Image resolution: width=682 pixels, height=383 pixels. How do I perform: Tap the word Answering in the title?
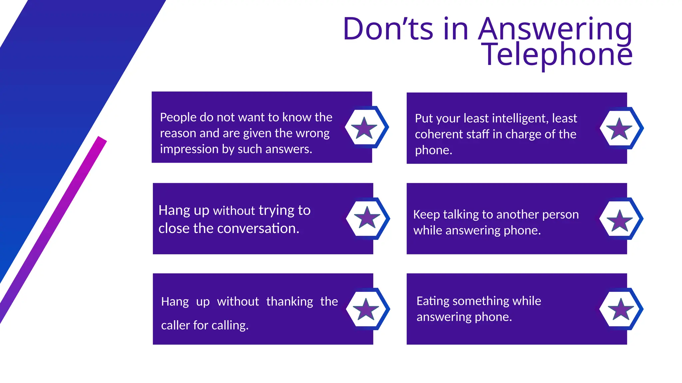point(555,29)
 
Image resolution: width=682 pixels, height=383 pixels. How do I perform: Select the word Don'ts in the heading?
point(388,29)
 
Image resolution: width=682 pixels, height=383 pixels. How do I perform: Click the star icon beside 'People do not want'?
point(364,128)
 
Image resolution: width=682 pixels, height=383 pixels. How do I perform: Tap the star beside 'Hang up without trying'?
point(367,218)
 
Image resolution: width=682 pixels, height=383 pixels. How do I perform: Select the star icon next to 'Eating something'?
point(621,309)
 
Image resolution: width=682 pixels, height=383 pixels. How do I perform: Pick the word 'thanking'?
point(289,302)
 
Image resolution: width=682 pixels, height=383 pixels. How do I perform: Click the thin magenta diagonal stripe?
point(53,229)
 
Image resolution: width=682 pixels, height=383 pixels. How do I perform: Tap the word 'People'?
point(178,117)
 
